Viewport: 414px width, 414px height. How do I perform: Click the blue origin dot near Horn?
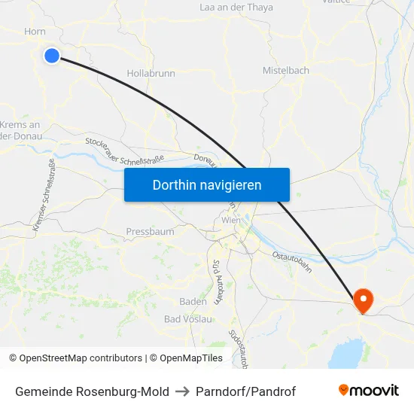52,55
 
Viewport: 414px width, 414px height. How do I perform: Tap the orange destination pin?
363,301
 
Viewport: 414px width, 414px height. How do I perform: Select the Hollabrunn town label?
151,74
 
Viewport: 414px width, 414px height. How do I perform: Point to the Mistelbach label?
285,71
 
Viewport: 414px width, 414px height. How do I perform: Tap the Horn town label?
35,32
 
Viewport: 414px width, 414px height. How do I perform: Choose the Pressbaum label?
150,232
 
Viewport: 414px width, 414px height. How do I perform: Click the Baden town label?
193,302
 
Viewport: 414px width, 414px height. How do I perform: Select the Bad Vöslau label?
188,319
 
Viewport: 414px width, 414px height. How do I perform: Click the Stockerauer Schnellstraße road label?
124,149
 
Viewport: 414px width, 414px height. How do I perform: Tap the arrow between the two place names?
182,391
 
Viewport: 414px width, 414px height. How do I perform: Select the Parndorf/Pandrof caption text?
245,391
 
